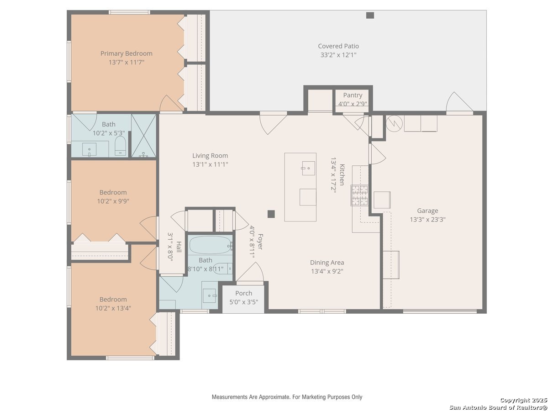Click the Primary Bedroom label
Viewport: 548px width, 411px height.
(126, 53)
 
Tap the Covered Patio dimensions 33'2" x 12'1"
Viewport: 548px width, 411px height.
(338, 55)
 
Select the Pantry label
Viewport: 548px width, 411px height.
(353, 95)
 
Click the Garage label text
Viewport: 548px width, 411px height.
(427, 211)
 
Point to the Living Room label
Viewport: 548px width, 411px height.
(210, 155)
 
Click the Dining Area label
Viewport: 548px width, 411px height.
(327, 263)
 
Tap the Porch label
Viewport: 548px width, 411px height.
(244, 293)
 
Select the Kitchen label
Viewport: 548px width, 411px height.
(342, 175)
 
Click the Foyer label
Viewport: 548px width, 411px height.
(260, 242)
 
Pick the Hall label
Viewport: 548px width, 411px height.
(179, 247)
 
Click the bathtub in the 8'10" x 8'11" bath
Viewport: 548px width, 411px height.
(210, 245)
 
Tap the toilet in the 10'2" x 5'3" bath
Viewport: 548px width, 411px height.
(120, 146)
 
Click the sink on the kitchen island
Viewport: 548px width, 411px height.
(308, 168)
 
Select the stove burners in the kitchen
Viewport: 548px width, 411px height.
(359, 195)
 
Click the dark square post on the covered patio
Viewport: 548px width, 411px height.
(370, 16)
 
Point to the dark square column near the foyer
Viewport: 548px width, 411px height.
(271, 214)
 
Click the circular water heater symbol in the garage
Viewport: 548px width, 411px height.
(394, 123)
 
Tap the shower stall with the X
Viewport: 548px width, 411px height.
(144, 136)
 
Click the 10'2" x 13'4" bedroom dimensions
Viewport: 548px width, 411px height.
(113, 308)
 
